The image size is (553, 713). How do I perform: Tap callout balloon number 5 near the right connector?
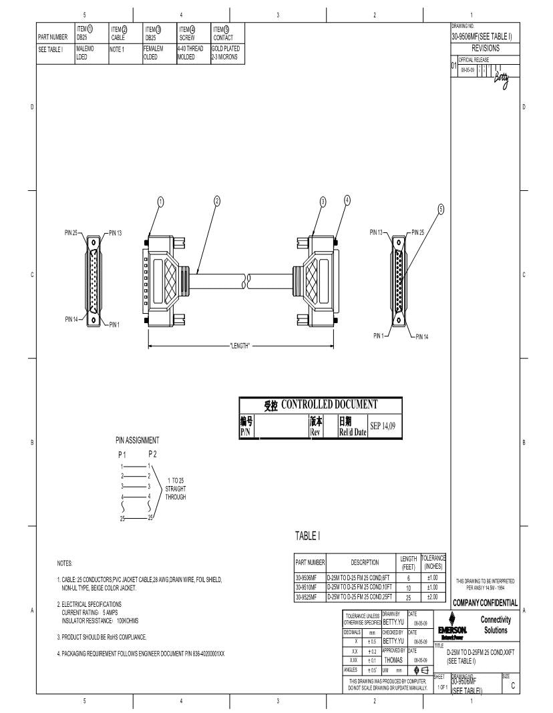(x=441, y=209)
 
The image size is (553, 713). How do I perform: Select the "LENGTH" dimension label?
(x=239, y=346)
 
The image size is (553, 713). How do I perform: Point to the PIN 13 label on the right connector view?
(x=377, y=232)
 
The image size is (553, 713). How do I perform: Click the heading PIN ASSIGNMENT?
(x=137, y=440)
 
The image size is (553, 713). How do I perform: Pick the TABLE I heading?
(x=308, y=535)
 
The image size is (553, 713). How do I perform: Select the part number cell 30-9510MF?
(x=309, y=587)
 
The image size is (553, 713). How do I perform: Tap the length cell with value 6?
(x=408, y=578)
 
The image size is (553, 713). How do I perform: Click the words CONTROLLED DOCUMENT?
(x=329, y=404)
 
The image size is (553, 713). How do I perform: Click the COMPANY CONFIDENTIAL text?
(x=485, y=603)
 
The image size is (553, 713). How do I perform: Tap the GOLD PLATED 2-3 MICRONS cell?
(x=226, y=53)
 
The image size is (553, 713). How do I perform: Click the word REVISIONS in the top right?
(x=485, y=49)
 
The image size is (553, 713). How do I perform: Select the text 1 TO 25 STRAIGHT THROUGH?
(x=176, y=489)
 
